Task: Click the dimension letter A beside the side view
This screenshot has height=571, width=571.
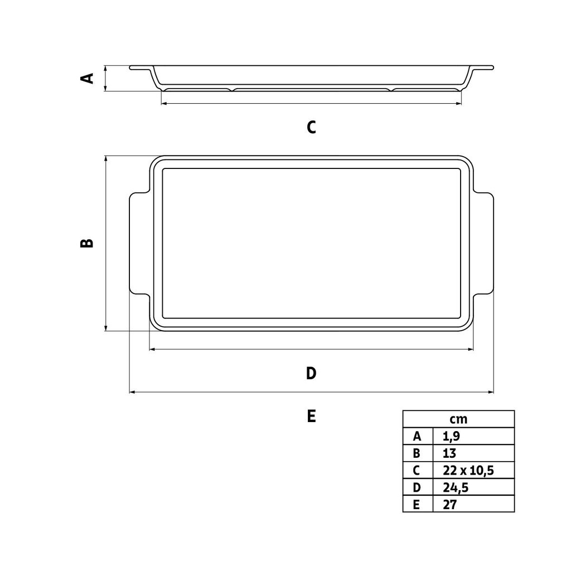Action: click(87, 78)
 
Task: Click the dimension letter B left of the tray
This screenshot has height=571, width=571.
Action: click(87, 243)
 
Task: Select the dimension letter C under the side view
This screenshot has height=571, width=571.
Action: click(311, 127)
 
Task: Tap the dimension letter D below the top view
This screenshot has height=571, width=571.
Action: click(311, 373)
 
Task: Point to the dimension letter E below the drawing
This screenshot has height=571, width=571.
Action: click(311, 416)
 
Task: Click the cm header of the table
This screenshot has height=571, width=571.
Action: click(458, 419)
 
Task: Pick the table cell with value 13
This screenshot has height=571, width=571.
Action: click(449, 453)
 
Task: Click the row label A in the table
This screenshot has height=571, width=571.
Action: click(417, 436)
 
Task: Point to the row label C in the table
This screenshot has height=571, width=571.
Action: click(417, 470)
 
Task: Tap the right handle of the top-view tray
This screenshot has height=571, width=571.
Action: click(483, 243)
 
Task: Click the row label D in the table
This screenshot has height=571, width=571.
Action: click(417, 487)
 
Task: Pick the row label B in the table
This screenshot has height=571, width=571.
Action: click(417, 453)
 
